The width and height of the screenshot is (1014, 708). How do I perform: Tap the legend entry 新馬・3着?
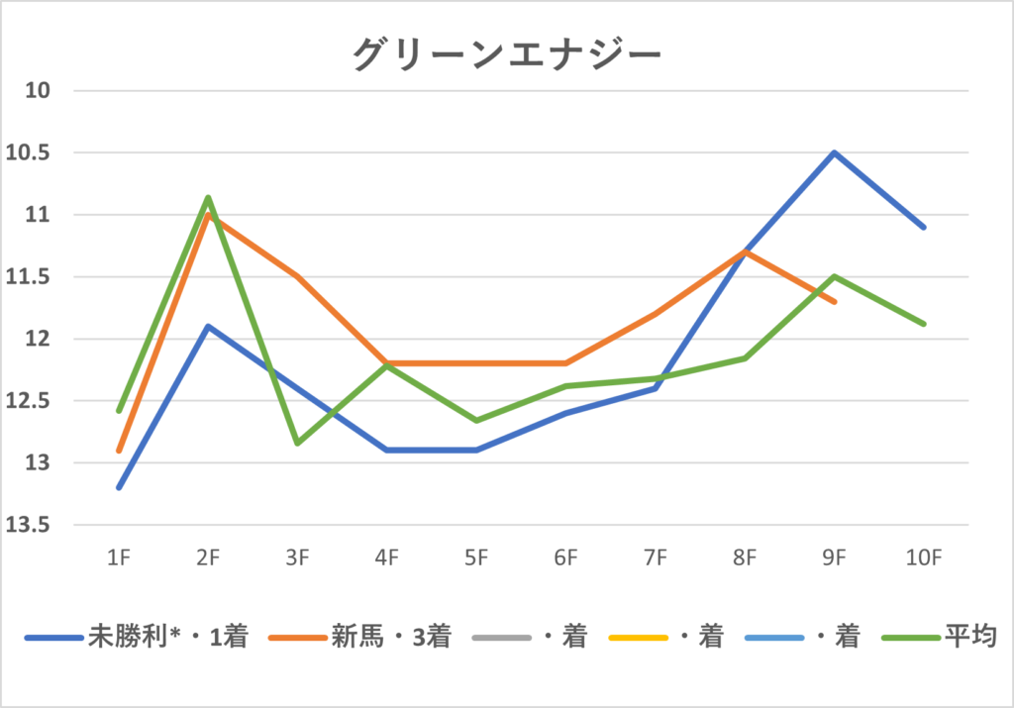(x=392, y=637)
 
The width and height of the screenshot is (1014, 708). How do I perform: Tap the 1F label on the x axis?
(x=119, y=558)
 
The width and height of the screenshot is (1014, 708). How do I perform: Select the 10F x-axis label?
(x=923, y=558)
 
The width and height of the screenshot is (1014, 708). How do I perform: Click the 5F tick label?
(x=476, y=558)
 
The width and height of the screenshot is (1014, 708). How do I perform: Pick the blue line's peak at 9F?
(x=835, y=152)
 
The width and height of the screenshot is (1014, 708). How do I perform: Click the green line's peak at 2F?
(x=208, y=197)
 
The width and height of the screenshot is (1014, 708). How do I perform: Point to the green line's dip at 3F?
(x=297, y=443)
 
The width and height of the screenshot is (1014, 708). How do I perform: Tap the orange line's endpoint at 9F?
(x=835, y=302)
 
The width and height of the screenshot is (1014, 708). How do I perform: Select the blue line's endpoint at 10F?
(x=924, y=228)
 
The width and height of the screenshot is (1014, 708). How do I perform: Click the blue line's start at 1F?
(x=119, y=487)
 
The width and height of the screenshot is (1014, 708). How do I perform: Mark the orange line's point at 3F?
(x=297, y=276)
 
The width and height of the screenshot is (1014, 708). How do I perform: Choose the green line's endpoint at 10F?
(x=924, y=324)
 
